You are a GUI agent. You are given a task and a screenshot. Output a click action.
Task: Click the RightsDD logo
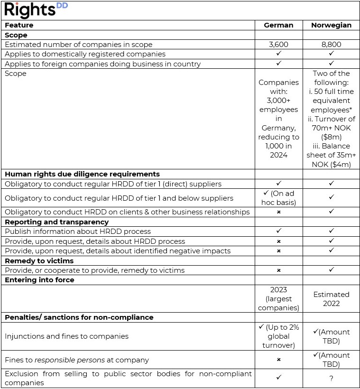pyautogui.click(x=36, y=10)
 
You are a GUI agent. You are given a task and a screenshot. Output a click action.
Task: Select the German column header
pyautogui.click(x=278, y=25)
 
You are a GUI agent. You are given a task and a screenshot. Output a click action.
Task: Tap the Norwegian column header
pyautogui.click(x=331, y=25)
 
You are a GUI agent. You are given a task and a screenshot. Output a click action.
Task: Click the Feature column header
pyautogui.click(x=19, y=25)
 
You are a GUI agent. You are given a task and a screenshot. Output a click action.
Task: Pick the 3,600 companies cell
pyautogui.click(x=278, y=45)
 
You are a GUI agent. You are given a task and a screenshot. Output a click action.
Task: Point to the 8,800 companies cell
pyautogui.click(x=331, y=45)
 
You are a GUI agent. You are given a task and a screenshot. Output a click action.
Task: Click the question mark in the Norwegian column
pyautogui.click(x=331, y=378)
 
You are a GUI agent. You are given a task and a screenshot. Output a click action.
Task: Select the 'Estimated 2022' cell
pyautogui.click(x=331, y=299)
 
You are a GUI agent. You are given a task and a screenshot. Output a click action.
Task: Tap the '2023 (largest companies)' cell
pyautogui.click(x=278, y=299)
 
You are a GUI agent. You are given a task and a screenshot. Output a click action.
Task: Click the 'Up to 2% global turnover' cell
pyautogui.click(x=278, y=336)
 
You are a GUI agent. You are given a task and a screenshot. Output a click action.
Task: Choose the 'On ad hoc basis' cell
pyautogui.click(x=278, y=198)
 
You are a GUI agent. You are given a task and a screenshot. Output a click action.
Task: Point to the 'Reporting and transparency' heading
pyautogui.click(x=56, y=222)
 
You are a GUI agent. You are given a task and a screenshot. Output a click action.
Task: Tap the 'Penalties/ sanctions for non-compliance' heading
pyautogui.click(x=79, y=317)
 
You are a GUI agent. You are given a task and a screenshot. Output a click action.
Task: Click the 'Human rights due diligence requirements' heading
pyautogui.click(x=82, y=174)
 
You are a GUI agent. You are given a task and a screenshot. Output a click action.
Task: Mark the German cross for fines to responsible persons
pyautogui.click(x=278, y=360)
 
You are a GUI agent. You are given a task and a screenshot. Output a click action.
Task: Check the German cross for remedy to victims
pyautogui.click(x=278, y=270)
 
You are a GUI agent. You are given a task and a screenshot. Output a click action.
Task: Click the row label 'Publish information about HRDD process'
pyautogui.click(x=78, y=232)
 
